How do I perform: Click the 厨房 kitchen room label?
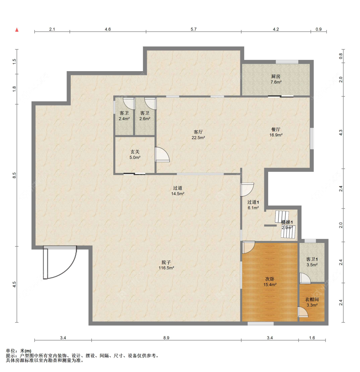[x=276, y=79]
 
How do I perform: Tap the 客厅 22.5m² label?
[x=198, y=135]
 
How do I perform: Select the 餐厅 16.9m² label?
[x=276, y=132]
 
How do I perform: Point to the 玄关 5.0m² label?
[x=135, y=154]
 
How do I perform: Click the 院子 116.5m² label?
[x=166, y=265]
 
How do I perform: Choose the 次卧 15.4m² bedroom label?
[x=270, y=282]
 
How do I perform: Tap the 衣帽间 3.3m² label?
[x=312, y=302]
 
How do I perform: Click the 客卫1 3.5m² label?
[x=312, y=262]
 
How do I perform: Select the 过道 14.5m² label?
[x=178, y=191]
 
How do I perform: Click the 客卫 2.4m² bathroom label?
[x=124, y=116]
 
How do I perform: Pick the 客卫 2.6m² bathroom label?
[x=145, y=116]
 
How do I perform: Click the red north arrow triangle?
[x=17, y=30]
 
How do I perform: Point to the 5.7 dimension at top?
[x=194, y=29]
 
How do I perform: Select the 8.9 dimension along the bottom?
[x=166, y=338]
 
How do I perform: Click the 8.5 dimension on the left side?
[x=14, y=175]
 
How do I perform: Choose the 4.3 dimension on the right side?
[x=341, y=133]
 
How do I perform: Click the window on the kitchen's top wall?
[x=287, y=62]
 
